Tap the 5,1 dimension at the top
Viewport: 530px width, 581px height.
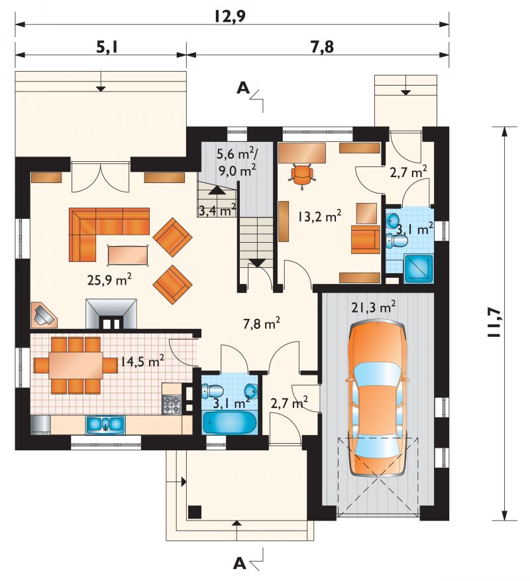coord(107,47)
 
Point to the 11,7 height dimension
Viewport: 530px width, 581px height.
coord(494,323)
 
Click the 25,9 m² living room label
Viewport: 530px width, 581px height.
coord(109,280)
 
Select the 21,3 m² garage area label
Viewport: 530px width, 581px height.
coord(374,307)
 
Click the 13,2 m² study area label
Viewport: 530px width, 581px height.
coord(320,216)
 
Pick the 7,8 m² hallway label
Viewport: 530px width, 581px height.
coord(261,324)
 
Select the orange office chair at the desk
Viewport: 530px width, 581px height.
coord(302,175)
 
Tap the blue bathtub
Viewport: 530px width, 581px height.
coord(229,422)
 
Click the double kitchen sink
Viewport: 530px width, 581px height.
coord(105,424)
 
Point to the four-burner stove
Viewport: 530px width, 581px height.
coord(172,405)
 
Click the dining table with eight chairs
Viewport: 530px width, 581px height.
coord(76,365)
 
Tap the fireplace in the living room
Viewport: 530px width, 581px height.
coord(111,314)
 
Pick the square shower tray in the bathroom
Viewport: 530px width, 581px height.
coord(418,269)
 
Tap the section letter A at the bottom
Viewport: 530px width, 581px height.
coord(240,564)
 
